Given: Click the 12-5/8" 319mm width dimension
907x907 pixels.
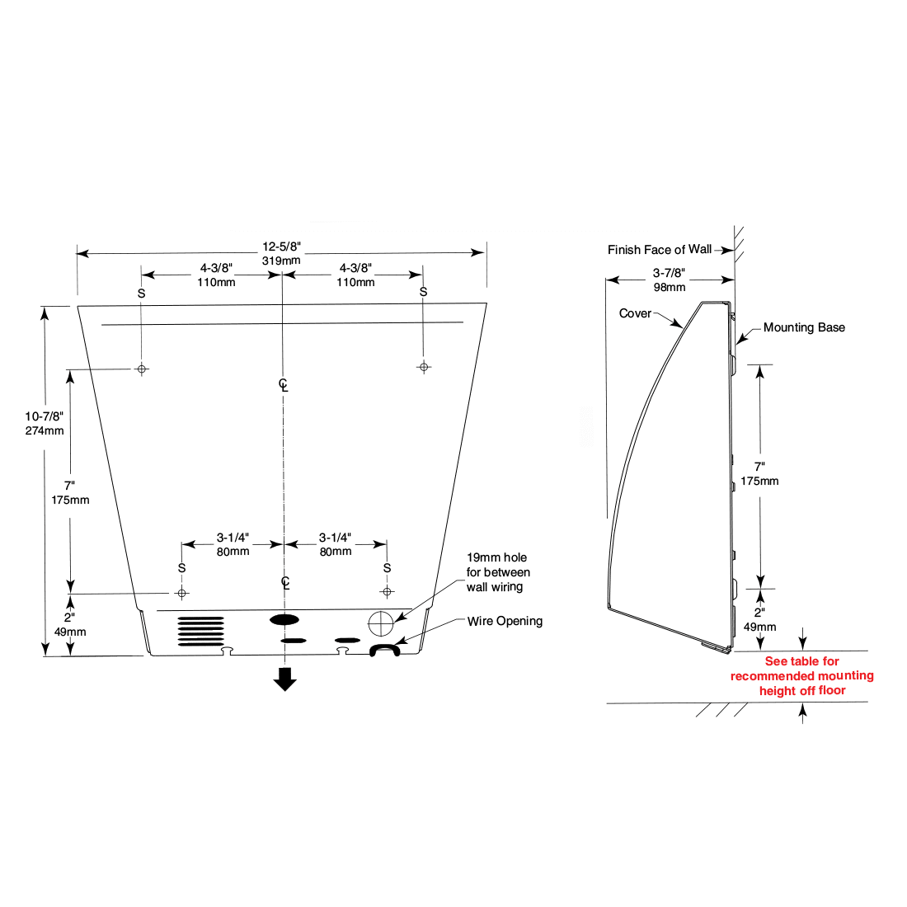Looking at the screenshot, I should pos(281,253).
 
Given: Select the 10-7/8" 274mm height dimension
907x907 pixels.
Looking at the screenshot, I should pos(44,423).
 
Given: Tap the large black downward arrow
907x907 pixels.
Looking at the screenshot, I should pos(285,679).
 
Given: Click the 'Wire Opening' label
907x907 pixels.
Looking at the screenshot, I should pos(505,621).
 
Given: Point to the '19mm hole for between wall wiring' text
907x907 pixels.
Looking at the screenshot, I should pos(498,572).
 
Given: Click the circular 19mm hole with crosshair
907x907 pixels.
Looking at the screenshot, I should pos(380,622).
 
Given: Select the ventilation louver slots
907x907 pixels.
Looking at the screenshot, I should pos(201,631).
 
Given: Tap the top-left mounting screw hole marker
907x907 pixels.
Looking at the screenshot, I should pos(142,369).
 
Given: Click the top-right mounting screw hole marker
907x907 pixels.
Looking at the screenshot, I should pos(424,367).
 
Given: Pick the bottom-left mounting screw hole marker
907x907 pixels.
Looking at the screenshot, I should pos(182,593).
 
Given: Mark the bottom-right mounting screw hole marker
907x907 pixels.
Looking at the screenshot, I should pos(387,591).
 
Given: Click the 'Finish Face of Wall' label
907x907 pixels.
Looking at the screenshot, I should pos(659,250).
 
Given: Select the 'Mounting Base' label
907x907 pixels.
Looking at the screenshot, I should pos(804,327).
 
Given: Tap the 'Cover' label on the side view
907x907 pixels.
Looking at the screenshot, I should pos(635,313).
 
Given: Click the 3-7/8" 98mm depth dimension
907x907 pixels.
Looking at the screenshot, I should pos(670,280).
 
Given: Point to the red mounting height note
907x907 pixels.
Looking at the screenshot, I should pos(801,676).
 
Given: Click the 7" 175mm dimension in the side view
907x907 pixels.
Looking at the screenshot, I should pos(759,474).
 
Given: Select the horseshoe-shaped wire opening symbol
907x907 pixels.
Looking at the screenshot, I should pos(384,650).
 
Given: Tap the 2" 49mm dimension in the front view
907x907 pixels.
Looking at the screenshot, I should pos(70,624).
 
